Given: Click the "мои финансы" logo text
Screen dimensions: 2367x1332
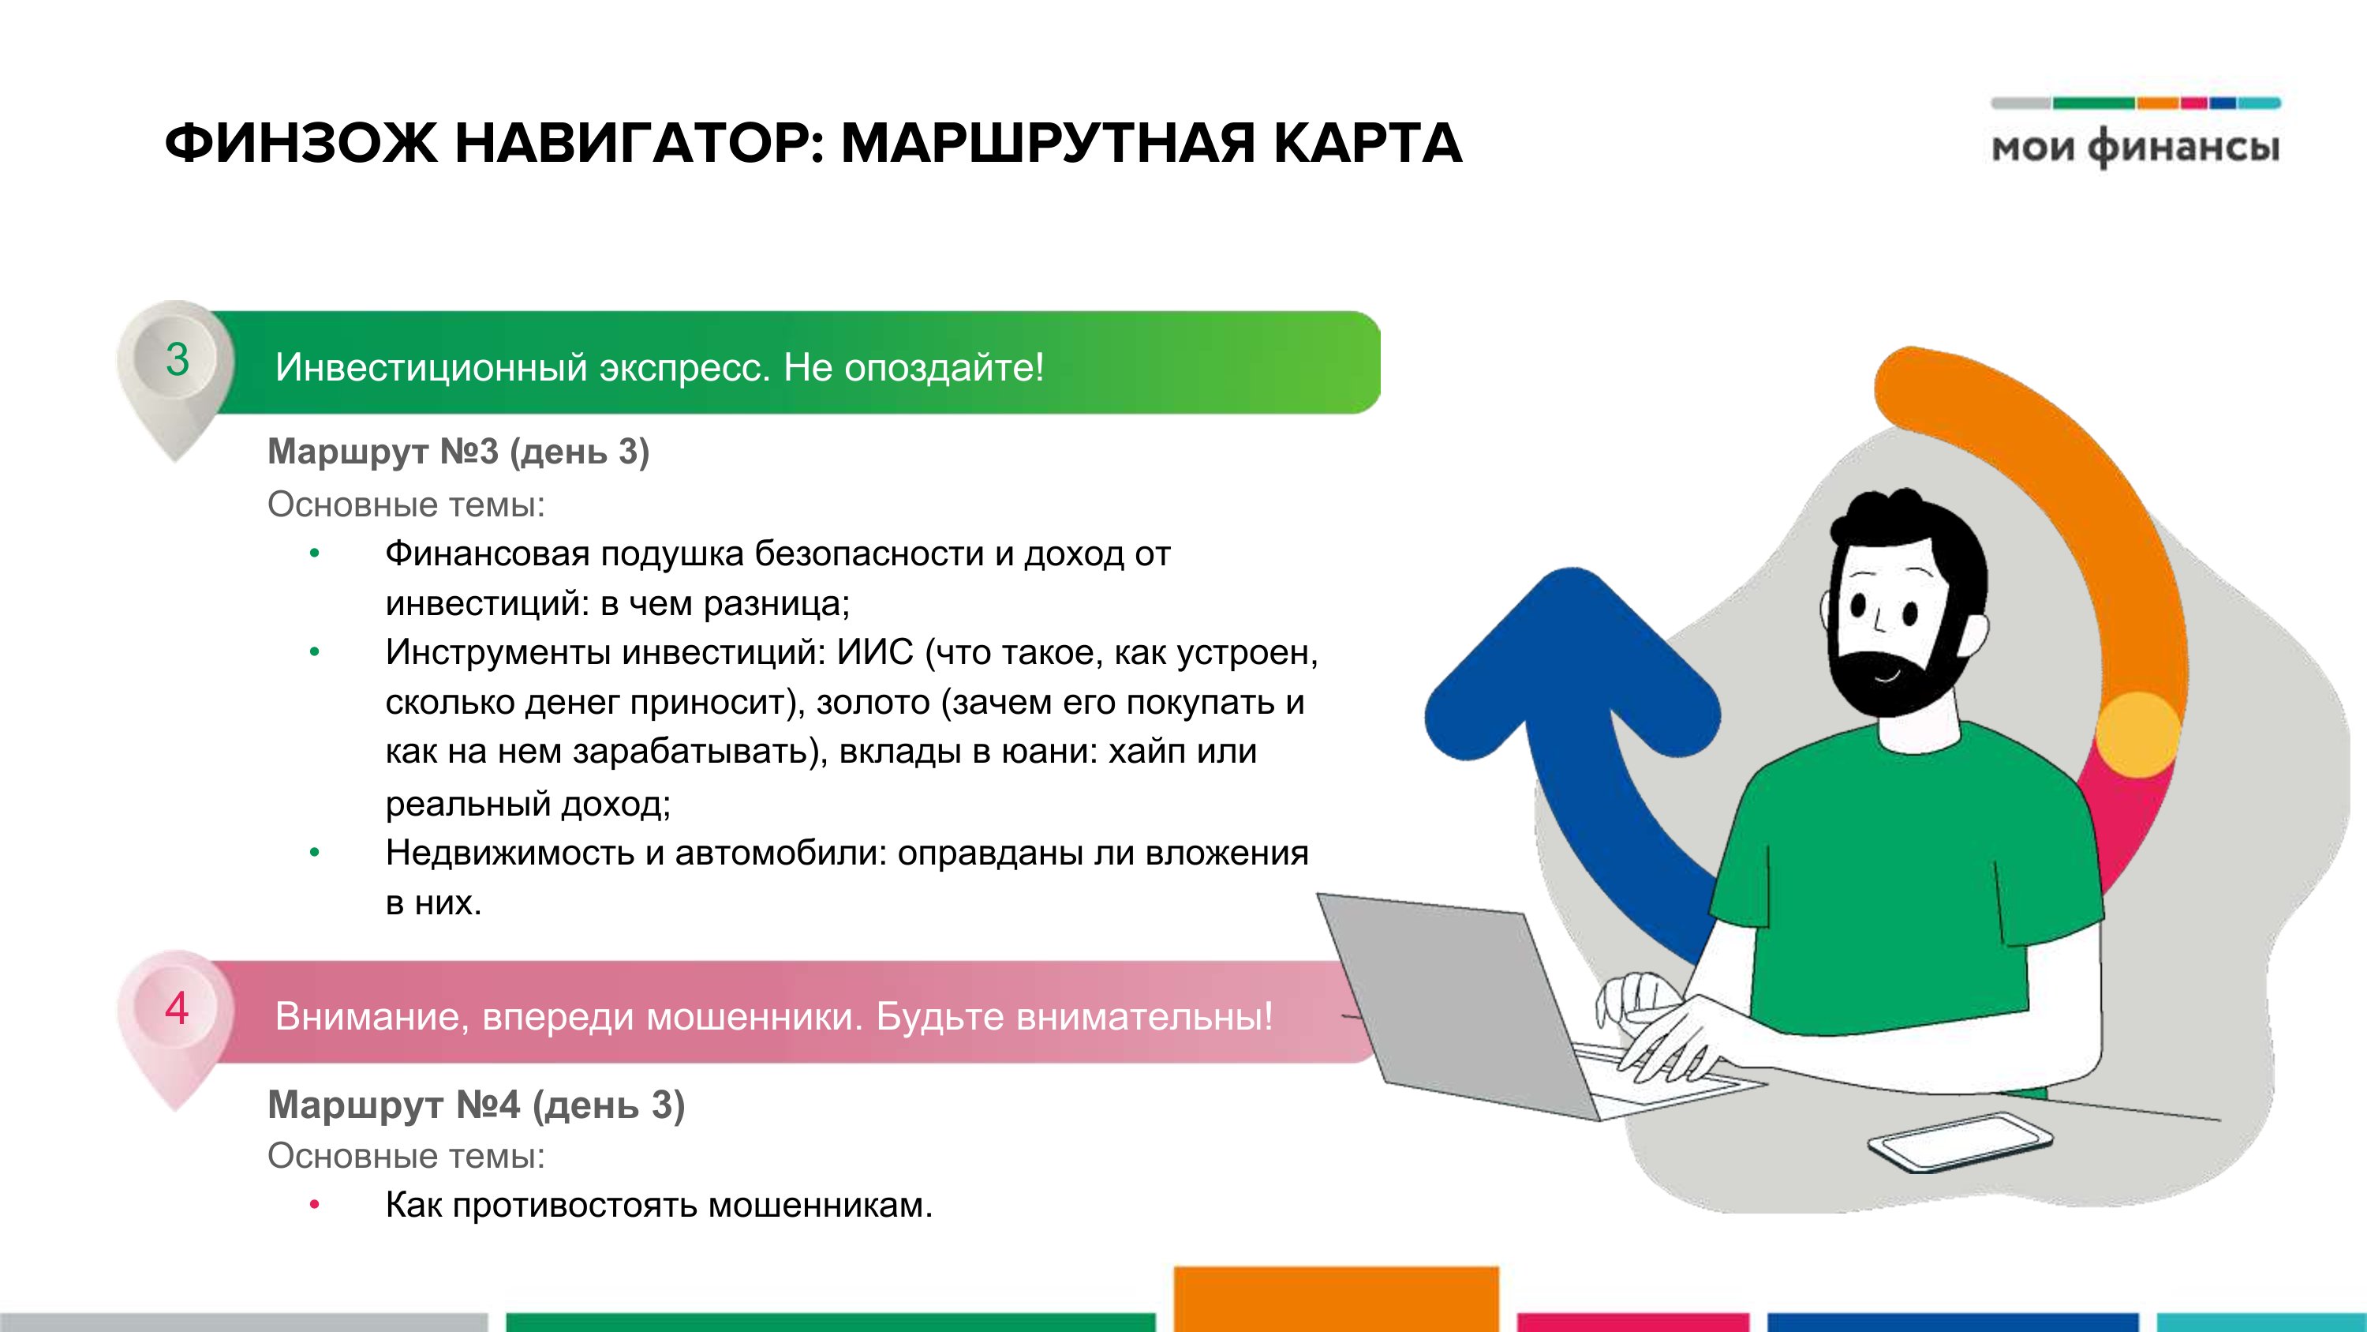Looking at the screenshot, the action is click(2136, 148).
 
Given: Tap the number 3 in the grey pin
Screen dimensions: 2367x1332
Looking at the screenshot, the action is click(178, 359).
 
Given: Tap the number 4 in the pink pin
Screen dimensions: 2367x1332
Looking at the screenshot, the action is click(177, 1008).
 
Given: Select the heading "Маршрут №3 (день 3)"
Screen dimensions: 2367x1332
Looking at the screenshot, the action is click(458, 452).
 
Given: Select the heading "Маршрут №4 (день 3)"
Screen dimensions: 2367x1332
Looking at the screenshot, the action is click(476, 1104).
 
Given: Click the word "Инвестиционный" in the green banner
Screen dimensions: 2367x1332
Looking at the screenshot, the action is click(431, 368).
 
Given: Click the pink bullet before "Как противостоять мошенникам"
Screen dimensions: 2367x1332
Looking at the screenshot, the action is click(314, 1204).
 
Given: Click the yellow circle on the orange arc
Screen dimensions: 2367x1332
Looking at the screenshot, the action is click(2139, 734).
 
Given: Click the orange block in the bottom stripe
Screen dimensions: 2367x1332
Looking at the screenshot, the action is click(1336, 1299).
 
